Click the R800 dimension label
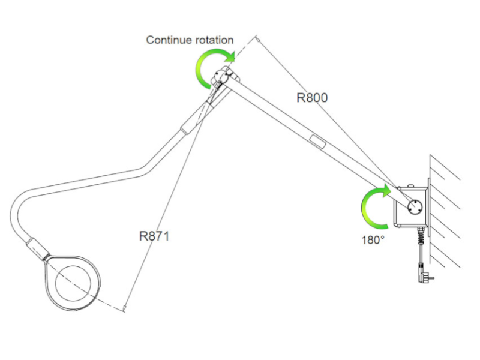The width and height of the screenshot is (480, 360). (x=312, y=98)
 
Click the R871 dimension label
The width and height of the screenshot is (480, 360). (x=154, y=236)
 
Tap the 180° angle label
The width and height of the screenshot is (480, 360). (x=373, y=240)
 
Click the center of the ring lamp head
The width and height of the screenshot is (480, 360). (x=73, y=283)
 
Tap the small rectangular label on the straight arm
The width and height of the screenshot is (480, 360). (x=317, y=142)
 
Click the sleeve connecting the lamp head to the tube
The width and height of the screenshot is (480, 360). (x=37, y=248)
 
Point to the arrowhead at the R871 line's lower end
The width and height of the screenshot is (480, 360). (x=125, y=308)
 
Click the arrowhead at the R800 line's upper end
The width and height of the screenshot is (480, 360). (x=258, y=38)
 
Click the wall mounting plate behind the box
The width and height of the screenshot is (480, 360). (x=429, y=207)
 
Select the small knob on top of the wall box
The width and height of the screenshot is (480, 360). (x=411, y=185)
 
